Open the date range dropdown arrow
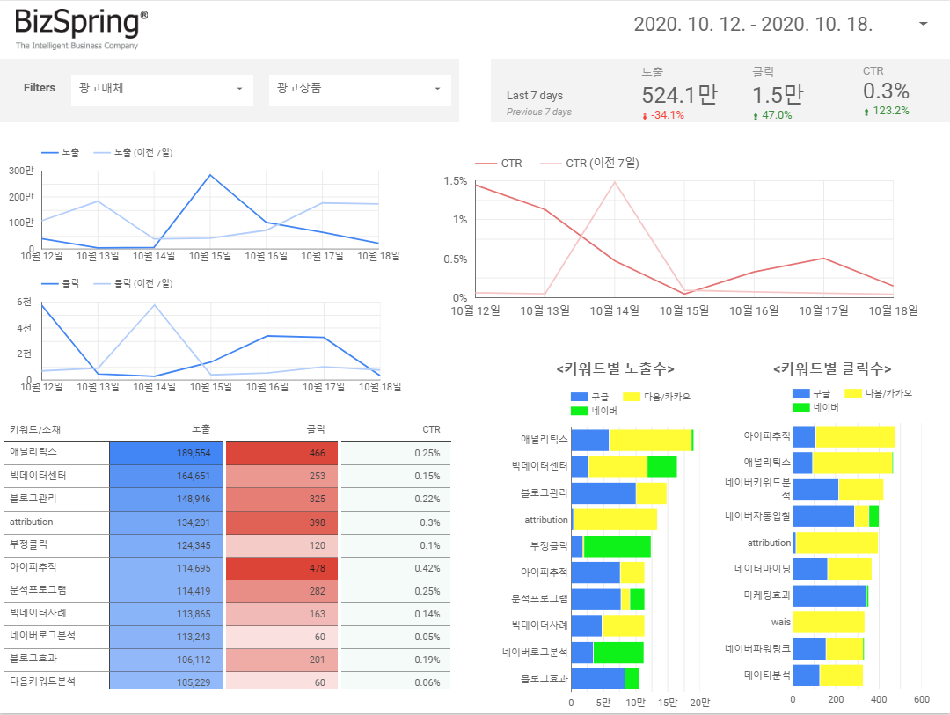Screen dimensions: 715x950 (x=923, y=25)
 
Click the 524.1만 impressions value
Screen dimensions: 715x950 (x=678, y=94)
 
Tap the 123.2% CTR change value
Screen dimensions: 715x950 (x=890, y=112)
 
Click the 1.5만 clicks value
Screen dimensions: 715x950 (x=778, y=94)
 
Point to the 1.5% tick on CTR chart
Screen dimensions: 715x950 (x=455, y=180)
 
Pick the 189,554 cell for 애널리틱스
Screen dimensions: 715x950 (x=166, y=453)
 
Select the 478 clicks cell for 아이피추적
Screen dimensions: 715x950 (x=281, y=567)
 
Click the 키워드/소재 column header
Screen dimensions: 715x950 (x=35, y=430)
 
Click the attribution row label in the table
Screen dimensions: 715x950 (x=32, y=522)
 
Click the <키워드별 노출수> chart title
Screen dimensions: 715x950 (x=615, y=369)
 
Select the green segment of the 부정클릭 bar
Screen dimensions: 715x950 (x=617, y=546)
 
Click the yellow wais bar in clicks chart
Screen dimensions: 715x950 (x=828, y=623)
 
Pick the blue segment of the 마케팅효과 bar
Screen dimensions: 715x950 (x=829, y=596)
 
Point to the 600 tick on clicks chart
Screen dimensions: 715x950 (x=921, y=700)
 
